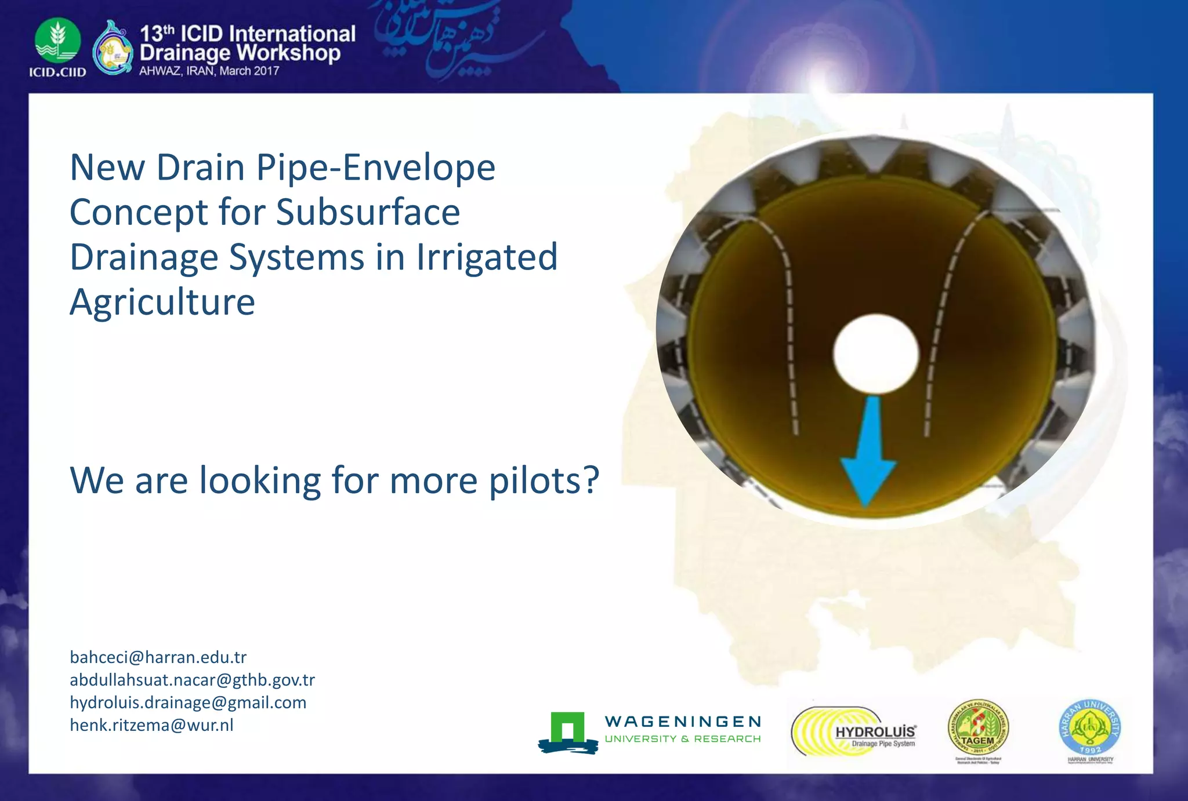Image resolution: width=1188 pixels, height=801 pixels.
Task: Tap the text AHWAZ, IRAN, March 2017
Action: [x=209, y=71]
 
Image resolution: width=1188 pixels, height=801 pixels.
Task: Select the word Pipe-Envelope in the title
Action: [x=375, y=168]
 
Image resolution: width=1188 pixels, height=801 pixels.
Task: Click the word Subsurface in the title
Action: [x=368, y=212]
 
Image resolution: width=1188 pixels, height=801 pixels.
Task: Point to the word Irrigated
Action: [x=486, y=257]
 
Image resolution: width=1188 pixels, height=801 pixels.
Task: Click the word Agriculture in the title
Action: [x=162, y=302]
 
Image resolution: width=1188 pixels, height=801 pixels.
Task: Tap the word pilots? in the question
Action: [x=544, y=480]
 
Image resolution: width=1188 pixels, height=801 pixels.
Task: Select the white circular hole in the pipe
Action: [x=876, y=353]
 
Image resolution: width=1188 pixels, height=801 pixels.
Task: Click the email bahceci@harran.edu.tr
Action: [x=158, y=657]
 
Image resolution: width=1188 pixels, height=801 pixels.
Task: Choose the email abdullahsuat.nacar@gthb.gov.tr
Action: [x=192, y=680]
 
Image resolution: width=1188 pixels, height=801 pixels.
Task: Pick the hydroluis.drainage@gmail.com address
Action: [x=188, y=702]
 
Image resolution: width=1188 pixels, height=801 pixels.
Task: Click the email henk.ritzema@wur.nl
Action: [x=151, y=725]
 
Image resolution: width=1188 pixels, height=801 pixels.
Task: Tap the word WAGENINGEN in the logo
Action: [x=682, y=722]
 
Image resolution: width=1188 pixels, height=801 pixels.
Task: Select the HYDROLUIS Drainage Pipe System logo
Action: [x=854, y=732]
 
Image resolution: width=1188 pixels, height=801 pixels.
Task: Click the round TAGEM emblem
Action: [x=978, y=728]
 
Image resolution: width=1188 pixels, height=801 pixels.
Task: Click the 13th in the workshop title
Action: [x=157, y=34]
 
